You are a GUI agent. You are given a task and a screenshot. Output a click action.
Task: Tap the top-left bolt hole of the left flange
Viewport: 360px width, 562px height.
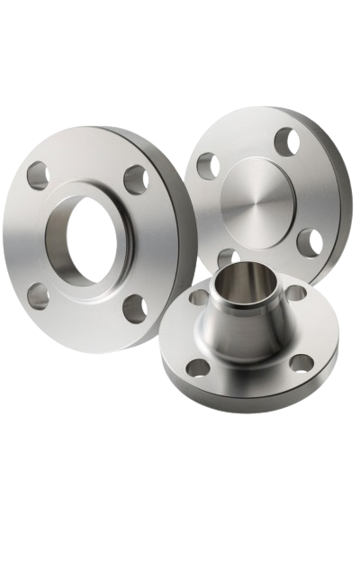click(37, 176)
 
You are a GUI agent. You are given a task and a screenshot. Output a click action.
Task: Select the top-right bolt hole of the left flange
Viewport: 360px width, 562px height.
click(137, 178)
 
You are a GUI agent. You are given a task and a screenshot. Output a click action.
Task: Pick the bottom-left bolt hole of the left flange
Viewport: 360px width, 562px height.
click(37, 295)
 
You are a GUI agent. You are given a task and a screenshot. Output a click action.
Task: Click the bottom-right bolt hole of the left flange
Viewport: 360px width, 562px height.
click(134, 308)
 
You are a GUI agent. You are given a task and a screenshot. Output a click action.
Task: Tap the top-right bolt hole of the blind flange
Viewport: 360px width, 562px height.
click(286, 140)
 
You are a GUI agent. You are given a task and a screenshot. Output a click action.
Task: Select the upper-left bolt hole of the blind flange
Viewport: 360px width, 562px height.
click(207, 165)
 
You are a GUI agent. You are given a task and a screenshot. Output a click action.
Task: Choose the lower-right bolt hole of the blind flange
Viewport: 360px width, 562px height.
click(309, 241)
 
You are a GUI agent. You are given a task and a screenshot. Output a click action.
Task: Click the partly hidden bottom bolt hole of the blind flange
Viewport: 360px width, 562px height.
click(227, 258)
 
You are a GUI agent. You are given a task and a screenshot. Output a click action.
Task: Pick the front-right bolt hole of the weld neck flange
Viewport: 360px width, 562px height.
click(301, 362)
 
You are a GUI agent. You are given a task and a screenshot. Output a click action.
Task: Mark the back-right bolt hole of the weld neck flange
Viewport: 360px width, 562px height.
click(295, 293)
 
